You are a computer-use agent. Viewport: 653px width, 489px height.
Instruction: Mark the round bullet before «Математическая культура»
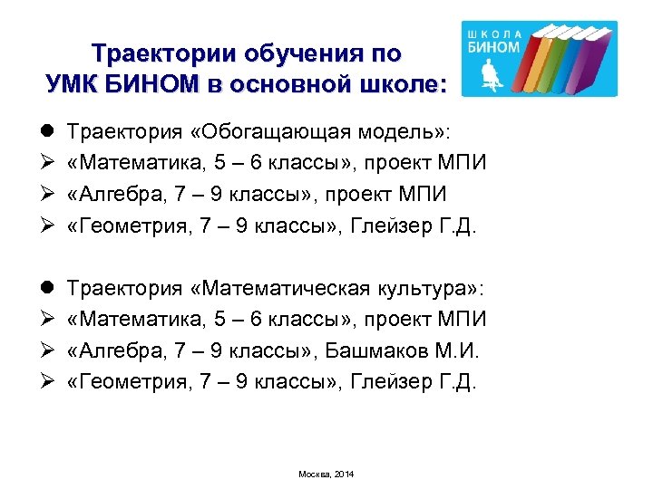coord(49,289)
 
